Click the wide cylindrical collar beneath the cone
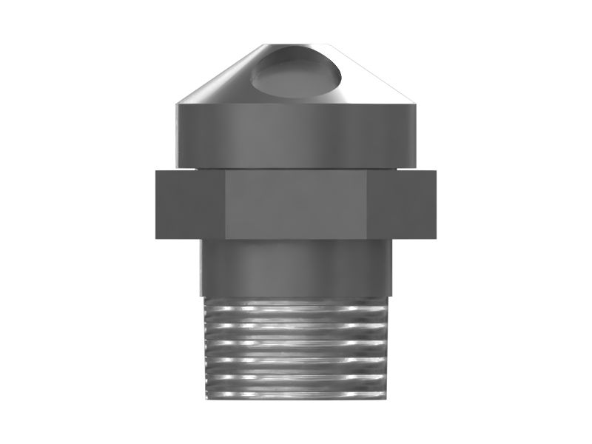click(296, 133)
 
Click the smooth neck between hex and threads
click(296, 266)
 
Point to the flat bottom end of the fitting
click(296, 398)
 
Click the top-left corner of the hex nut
click(156, 172)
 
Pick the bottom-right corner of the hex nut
click(435, 238)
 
